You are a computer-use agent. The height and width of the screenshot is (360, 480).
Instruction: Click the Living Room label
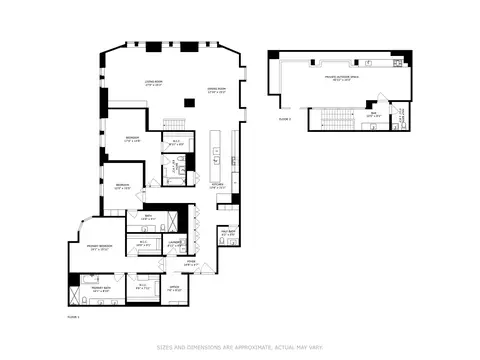coord(153,84)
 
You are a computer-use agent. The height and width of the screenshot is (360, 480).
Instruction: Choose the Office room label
coord(174,290)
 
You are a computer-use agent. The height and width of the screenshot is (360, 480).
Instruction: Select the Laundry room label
coord(174,242)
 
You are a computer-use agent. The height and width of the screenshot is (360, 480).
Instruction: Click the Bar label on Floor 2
coord(373,115)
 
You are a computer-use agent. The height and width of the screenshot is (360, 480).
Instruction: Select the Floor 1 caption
coord(72,316)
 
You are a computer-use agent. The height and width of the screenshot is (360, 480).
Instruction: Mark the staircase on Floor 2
coord(336,120)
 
